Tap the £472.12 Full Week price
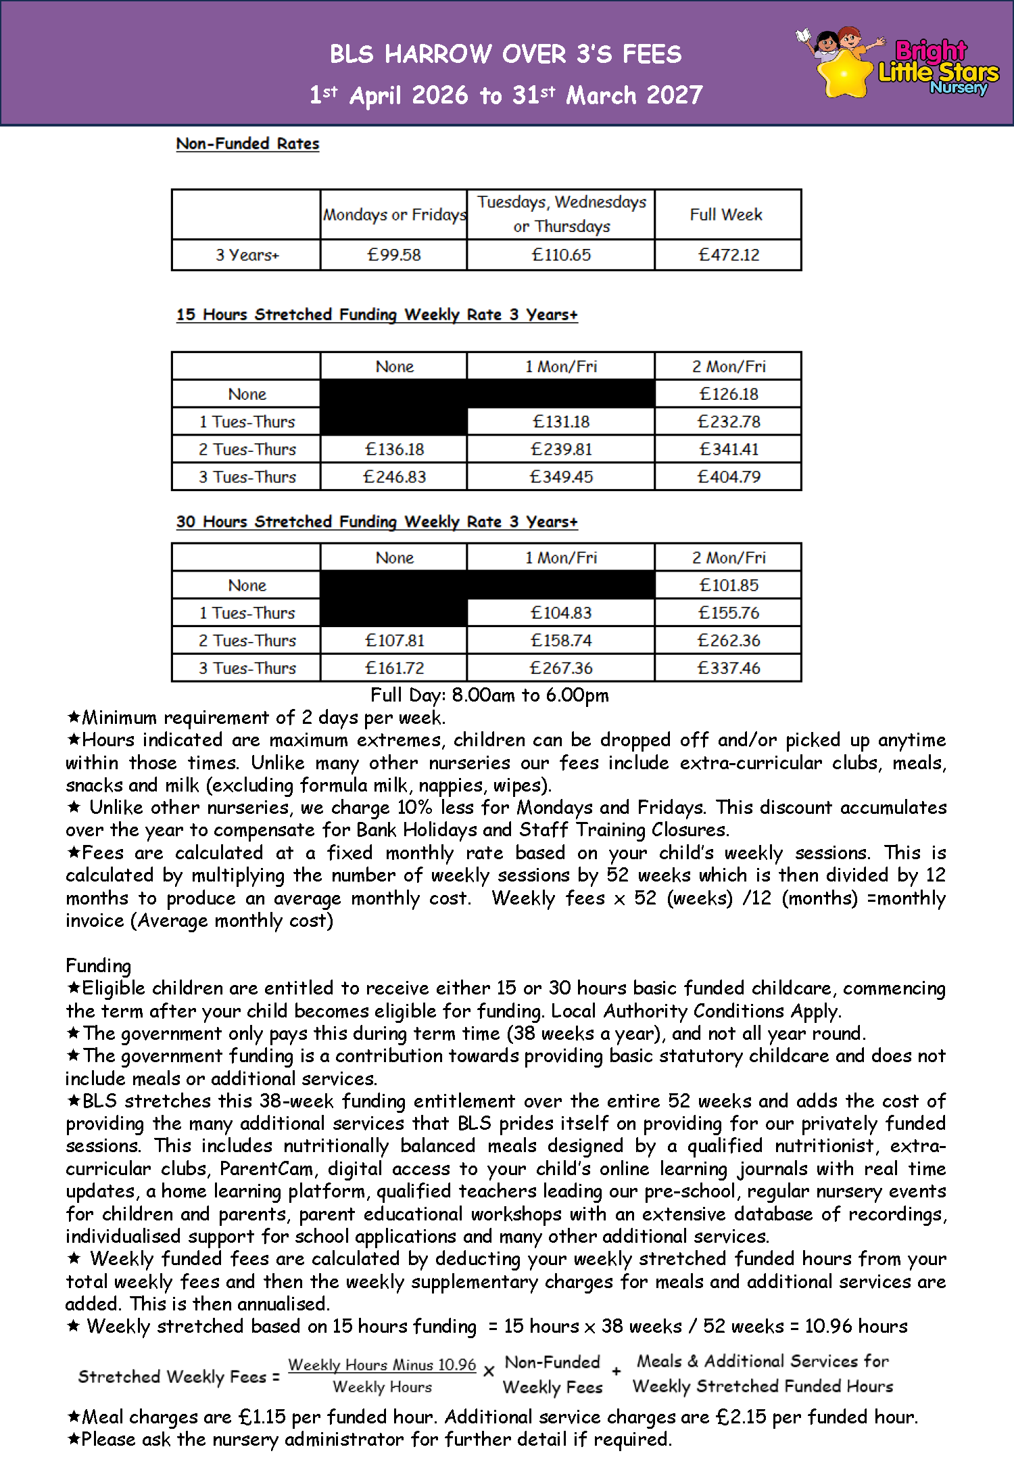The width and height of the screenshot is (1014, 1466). (729, 255)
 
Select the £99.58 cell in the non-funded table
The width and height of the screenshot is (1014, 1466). (393, 255)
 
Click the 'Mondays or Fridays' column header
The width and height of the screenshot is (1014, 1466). (394, 214)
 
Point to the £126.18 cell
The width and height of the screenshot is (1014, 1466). (729, 394)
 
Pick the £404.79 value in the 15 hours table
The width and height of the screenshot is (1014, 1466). (729, 477)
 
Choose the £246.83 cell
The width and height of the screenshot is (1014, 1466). (394, 477)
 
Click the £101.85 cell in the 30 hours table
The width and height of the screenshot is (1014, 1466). (729, 585)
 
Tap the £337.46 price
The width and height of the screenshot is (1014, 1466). (729, 668)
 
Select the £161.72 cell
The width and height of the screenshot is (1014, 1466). (394, 668)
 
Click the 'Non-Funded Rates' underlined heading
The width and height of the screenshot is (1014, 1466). (247, 143)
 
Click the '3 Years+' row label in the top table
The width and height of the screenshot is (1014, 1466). (247, 255)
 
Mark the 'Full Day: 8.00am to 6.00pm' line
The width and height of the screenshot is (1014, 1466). (489, 695)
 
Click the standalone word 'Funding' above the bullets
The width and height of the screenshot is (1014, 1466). (99, 965)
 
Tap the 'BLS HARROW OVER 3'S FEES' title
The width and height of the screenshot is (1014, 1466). (506, 54)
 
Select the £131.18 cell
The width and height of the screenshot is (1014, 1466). (561, 421)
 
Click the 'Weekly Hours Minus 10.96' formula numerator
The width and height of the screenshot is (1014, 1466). (382, 1365)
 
